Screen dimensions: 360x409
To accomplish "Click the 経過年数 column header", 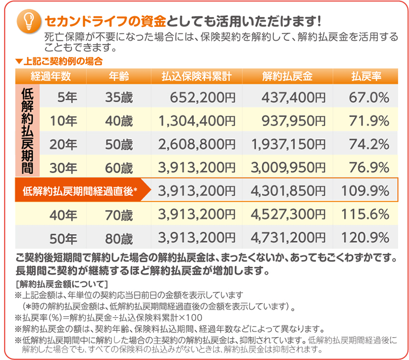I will (51, 76).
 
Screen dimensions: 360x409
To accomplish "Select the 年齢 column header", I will (119, 76).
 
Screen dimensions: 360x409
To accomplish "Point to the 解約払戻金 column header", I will (287, 76).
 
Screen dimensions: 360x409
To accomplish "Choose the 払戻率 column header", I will (366, 76).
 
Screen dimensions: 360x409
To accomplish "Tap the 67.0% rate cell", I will (369, 98).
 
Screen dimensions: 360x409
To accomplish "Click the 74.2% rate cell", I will (369, 144).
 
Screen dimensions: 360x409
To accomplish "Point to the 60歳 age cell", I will (119, 168).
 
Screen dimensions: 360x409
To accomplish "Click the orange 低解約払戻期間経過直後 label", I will (80, 191).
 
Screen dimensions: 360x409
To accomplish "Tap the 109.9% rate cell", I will (365, 191).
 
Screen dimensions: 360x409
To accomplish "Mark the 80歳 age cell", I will (119, 238).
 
